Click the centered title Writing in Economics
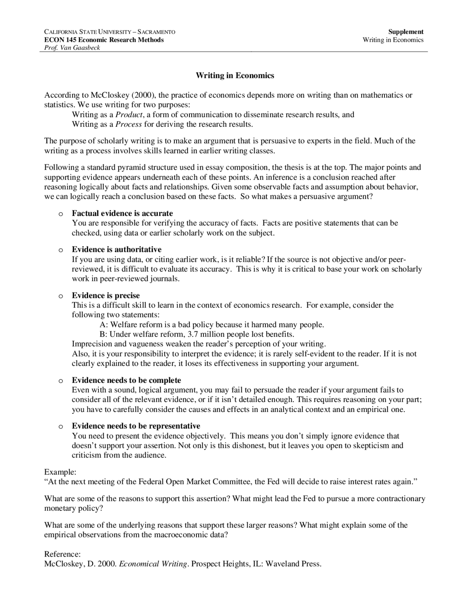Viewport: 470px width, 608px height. pos(235,76)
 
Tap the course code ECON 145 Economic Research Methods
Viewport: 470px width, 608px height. pos(104,40)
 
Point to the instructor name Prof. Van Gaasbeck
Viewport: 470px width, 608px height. pos(72,48)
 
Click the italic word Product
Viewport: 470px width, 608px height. pos(129,115)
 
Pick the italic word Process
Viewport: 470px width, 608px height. pos(129,124)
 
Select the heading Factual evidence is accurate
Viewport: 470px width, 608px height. pos(122,213)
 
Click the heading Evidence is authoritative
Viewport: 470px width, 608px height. pos(116,250)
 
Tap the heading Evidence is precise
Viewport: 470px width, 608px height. pos(106,296)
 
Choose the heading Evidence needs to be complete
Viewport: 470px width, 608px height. pos(126,380)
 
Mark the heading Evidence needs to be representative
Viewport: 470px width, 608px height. pos(136,426)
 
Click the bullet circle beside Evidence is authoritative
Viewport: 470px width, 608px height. pos(61,250)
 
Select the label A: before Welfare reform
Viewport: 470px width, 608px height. pos(104,325)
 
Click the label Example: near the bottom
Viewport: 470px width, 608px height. pos(60,472)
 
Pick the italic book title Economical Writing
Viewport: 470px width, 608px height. pos(153,564)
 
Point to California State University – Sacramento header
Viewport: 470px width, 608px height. pos(109,32)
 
